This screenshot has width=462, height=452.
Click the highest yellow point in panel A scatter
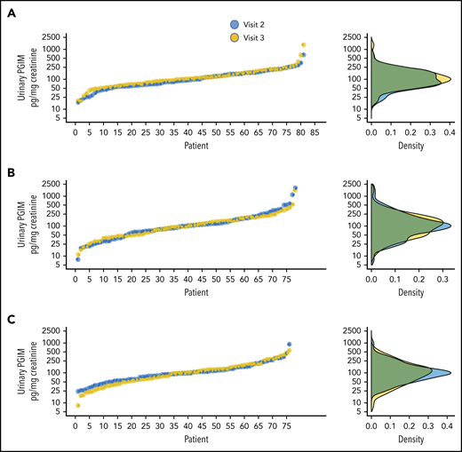pos(304,44)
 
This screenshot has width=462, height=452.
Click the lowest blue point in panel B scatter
pos(78,259)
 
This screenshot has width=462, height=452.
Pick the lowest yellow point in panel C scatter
pos(78,406)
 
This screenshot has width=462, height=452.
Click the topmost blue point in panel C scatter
pos(289,345)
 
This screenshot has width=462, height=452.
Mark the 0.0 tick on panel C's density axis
pos(371,424)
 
